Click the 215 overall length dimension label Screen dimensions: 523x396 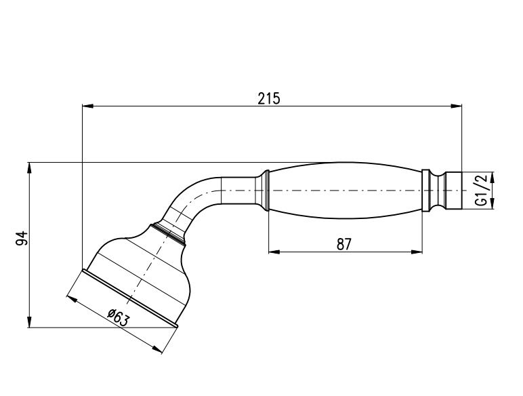(269, 98)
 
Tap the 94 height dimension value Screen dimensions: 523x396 (21, 238)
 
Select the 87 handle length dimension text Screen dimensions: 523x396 (344, 244)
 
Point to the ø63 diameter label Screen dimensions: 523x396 (118, 317)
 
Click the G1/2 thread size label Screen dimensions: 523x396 (482, 191)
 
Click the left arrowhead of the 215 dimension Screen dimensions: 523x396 (87, 106)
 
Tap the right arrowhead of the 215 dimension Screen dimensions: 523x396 (457, 106)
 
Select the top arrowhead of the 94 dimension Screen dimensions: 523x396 (30, 167)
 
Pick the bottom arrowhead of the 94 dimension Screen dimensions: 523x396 (30, 322)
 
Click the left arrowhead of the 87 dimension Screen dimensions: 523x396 (274, 252)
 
